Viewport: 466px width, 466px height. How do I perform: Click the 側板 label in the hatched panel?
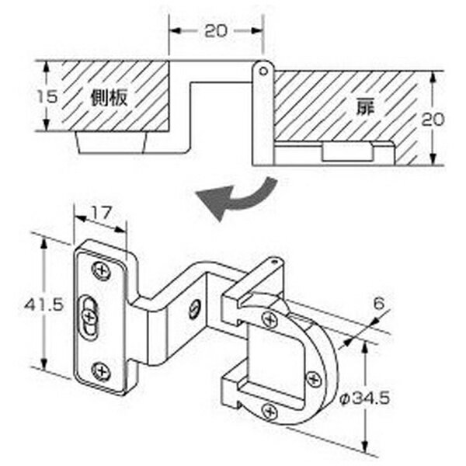pos(109,98)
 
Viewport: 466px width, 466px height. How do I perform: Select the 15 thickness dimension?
pos(47,96)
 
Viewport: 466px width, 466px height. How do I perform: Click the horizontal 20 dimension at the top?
pos(216,31)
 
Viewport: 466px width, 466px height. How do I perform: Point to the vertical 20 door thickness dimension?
pos(433,119)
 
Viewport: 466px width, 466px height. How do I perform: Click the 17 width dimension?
pos(101,213)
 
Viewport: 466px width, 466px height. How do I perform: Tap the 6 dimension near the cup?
pos(379,304)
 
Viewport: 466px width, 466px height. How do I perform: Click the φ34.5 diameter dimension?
pos(365,398)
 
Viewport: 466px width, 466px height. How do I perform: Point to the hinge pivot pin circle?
pos(263,71)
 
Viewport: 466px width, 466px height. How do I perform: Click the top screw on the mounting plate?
pos(102,271)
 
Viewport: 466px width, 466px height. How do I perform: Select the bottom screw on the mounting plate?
pos(101,371)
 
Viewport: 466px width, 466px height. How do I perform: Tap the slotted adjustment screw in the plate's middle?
pos(89,317)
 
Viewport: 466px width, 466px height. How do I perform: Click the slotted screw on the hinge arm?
pos(194,310)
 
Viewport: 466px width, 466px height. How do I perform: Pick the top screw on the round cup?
pos(270,320)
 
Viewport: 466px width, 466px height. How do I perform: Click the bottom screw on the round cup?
pos(270,412)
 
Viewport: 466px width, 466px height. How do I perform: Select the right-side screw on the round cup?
pos(314,379)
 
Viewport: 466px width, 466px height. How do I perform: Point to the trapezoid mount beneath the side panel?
pos(112,142)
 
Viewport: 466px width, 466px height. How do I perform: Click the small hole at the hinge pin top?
pos(273,263)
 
